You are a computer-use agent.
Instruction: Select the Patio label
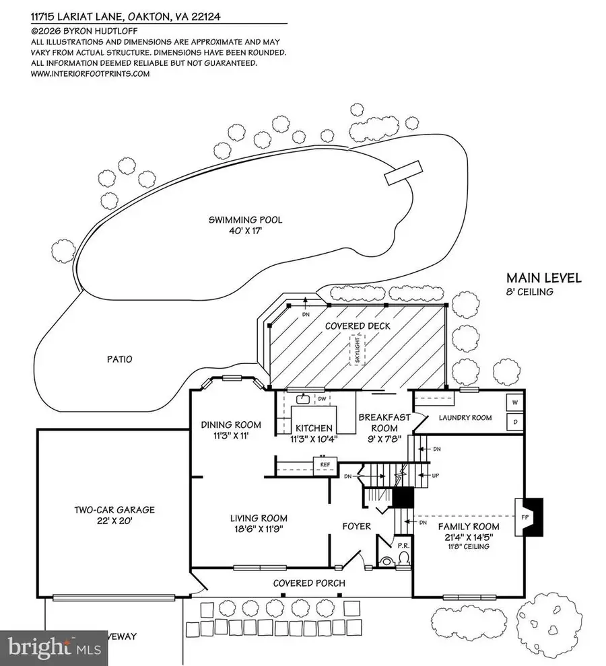click(119, 359)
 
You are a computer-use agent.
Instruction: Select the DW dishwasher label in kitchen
click(322, 399)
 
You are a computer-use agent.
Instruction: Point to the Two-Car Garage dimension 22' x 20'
click(114, 521)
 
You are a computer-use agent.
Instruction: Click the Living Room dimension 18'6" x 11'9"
click(259, 529)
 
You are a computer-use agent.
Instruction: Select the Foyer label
click(356, 525)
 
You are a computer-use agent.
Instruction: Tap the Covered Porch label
click(309, 583)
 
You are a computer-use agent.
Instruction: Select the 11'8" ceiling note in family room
click(469, 546)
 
